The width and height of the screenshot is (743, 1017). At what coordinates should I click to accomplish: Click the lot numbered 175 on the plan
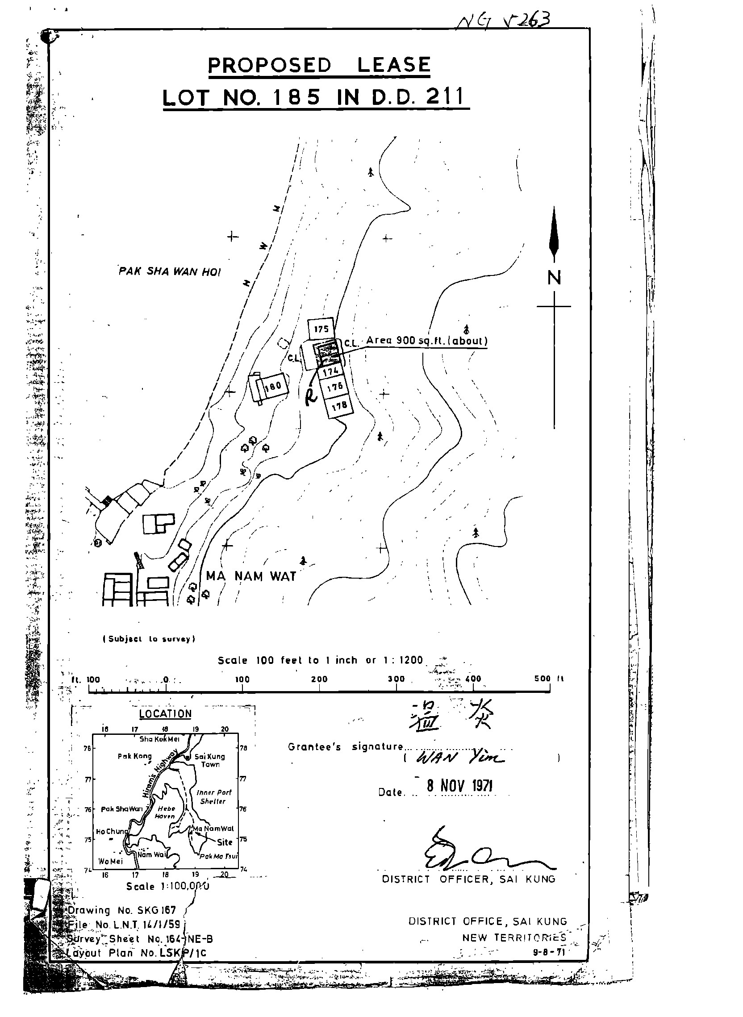point(321,329)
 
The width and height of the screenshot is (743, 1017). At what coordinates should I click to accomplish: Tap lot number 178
point(339,406)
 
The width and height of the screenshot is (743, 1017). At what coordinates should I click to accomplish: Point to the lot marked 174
point(330,372)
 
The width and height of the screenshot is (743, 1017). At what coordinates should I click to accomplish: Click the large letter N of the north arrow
point(554,277)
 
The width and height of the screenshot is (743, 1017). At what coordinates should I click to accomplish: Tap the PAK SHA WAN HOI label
point(170,271)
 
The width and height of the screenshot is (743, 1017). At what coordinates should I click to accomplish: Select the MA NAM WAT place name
point(250,576)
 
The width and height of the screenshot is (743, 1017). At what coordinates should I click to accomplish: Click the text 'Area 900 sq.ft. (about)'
point(426,340)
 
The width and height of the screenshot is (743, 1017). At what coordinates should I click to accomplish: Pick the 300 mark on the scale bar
point(396,679)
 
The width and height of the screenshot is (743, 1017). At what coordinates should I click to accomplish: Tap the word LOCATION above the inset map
point(165,714)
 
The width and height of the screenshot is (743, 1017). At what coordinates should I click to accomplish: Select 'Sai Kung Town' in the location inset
point(209,760)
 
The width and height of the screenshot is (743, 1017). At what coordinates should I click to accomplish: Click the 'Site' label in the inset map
point(225,842)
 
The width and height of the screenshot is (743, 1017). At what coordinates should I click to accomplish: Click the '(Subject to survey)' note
point(149,639)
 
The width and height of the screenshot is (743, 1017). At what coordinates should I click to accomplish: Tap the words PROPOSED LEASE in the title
point(319,65)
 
